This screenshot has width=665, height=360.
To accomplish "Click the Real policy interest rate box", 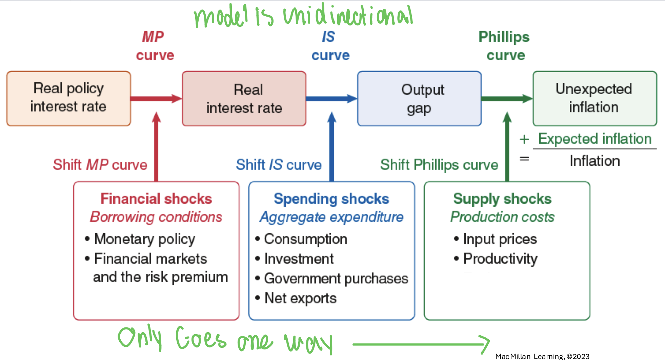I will point(68,98).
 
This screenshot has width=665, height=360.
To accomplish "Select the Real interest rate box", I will point(244,98).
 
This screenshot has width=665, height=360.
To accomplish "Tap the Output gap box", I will point(419,98).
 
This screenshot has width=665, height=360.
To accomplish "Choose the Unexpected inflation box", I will point(595,98).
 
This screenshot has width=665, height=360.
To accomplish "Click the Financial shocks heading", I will point(156,199).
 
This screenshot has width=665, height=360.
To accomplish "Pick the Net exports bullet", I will point(300,298).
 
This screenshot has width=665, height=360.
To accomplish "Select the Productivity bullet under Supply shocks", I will point(500,259).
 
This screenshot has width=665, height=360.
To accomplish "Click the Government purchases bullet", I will point(336,279).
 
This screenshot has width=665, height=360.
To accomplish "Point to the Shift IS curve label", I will point(279,165).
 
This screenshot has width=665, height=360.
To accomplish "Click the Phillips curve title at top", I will point(504,46).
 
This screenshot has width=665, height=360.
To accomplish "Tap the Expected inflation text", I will point(595,139).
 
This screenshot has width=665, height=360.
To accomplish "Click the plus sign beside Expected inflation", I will point(524,139).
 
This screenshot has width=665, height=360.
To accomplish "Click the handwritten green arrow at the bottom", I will point(420,344).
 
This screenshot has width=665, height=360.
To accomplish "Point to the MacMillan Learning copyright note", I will point(542,356).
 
